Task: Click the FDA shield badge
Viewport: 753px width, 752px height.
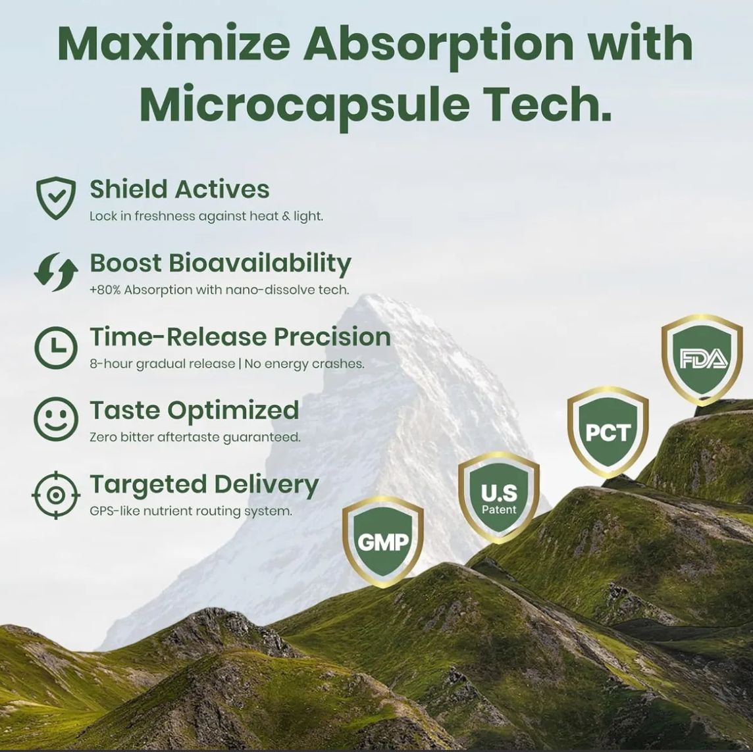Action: click(702, 359)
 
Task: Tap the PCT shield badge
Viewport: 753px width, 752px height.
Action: click(608, 432)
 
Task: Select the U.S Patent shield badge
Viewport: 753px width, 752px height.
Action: click(498, 497)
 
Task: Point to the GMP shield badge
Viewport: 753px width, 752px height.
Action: click(382, 541)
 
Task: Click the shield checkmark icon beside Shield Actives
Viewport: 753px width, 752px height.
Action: click(56, 198)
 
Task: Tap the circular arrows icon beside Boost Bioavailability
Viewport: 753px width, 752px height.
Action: click(56, 272)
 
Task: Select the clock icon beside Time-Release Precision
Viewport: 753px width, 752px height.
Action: click(56, 347)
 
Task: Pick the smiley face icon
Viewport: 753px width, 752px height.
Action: click(56, 419)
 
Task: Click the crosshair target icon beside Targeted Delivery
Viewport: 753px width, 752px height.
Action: click(56, 495)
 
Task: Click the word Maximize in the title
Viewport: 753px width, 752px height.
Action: click(173, 44)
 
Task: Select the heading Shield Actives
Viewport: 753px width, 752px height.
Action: click(180, 189)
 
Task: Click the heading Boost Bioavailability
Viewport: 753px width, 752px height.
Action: click(221, 263)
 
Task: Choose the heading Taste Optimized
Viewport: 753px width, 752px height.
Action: click(194, 411)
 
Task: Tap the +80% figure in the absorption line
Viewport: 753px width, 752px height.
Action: click(105, 290)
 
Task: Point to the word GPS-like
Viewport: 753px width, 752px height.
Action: click(115, 511)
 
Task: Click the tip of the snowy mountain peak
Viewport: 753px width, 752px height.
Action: click(371, 295)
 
